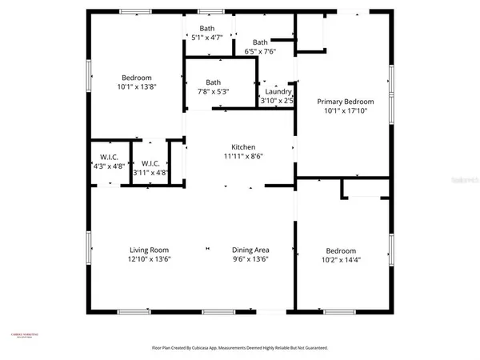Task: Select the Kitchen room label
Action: (x=243, y=147)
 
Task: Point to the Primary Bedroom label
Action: (x=346, y=102)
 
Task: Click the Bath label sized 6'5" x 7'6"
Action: (x=260, y=42)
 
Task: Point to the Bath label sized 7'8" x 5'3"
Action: (x=213, y=82)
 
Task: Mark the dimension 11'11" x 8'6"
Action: (x=243, y=157)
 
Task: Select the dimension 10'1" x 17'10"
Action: (x=346, y=111)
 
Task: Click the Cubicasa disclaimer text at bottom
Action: (x=240, y=348)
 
